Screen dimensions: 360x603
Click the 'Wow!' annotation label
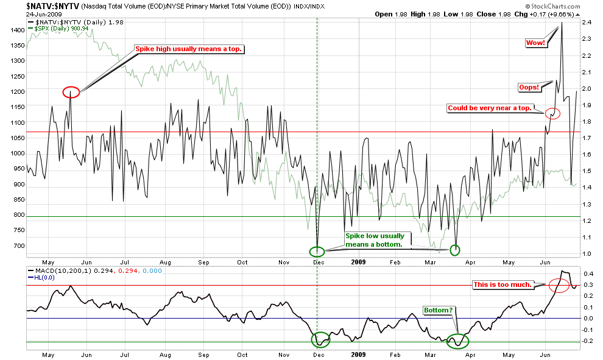pyautogui.click(x=536, y=43)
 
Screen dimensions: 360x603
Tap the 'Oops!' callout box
pyautogui.click(x=529, y=87)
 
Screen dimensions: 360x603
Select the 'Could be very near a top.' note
pyautogui.click(x=490, y=108)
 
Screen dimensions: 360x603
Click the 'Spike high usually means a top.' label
pyautogui.click(x=189, y=49)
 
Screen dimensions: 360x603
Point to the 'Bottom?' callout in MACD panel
pyautogui.click(x=439, y=310)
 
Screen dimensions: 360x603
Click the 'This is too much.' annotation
pyautogui.click(x=503, y=284)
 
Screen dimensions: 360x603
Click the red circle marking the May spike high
pyautogui.click(x=71, y=93)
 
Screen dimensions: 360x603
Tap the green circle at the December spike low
pyautogui.click(x=317, y=250)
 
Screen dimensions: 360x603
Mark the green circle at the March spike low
pyautogui.click(x=455, y=249)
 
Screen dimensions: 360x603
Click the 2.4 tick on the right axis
pyautogui.click(x=586, y=22)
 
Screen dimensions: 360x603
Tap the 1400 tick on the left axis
pyautogui.click(x=16, y=29)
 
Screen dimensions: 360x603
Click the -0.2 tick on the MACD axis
pyautogui.click(x=588, y=341)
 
